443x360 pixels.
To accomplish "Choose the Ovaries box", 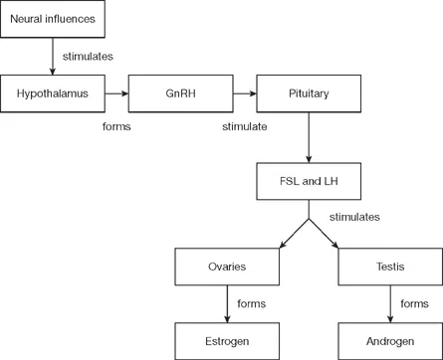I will click(x=227, y=267).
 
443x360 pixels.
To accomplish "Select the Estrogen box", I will click(x=227, y=341).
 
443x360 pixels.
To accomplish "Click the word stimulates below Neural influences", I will click(x=89, y=57).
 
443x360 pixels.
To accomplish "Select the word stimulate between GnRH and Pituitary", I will click(x=244, y=127).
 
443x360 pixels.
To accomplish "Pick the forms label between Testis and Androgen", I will click(x=414, y=303).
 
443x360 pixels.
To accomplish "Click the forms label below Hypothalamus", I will click(x=116, y=127).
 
